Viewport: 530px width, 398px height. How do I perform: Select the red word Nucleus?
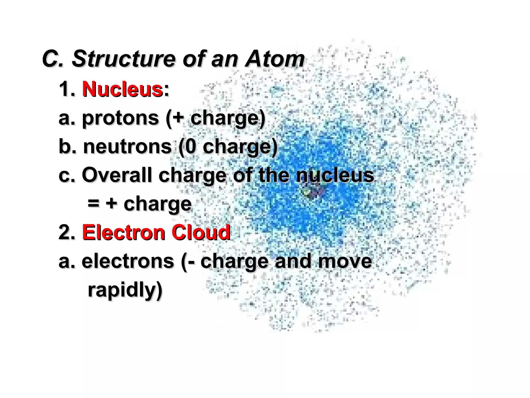tap(122, 89)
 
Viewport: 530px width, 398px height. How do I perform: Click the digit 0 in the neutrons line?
tap(190, 147)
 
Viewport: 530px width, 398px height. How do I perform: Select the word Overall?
tap(117, 175)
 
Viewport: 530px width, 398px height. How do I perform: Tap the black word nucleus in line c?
tap(335, 175)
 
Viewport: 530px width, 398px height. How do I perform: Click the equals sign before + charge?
tap(93, 204)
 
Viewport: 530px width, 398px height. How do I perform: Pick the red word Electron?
tap(123, 232)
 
